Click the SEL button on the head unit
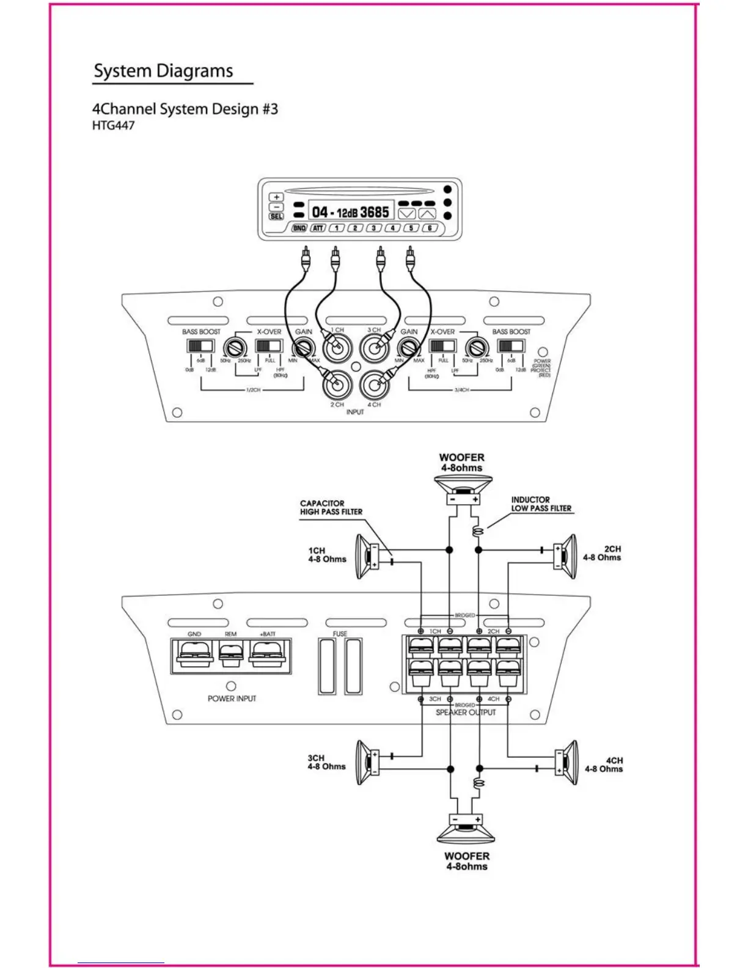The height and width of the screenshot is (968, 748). click(276, 216)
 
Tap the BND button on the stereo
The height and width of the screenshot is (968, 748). click(299, 228)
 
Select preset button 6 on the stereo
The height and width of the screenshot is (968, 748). click(430, 228)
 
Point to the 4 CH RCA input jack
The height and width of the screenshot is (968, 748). click(373, 385)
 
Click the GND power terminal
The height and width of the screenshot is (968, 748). click(194, 653)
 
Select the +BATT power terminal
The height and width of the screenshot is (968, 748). click(267, 653)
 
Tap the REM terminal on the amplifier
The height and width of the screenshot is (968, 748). click(230, 655)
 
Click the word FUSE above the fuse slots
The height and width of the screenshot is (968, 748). click(340, 634)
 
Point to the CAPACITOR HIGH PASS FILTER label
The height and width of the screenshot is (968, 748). click(331, 507)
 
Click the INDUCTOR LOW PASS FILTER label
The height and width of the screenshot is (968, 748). click(541, 504)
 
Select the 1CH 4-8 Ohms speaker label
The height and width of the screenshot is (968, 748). click(327, 555)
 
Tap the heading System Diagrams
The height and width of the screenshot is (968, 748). click(163, 71)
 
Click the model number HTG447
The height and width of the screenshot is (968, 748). click(113, 126)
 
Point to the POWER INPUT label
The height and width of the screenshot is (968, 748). click(232, 698)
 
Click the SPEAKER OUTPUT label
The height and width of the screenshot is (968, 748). click(466, 713)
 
